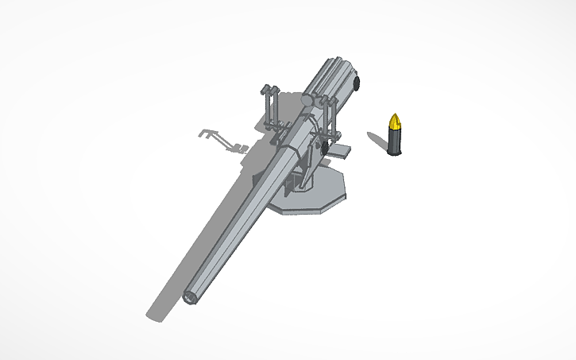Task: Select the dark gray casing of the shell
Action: coord(394,141)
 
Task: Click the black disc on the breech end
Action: coord(357,83)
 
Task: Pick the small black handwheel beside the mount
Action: coord(323,148)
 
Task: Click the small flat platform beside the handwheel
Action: coord(342,151)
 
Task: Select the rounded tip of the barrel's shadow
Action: coord(156,314)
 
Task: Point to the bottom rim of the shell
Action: coord(394,153)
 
